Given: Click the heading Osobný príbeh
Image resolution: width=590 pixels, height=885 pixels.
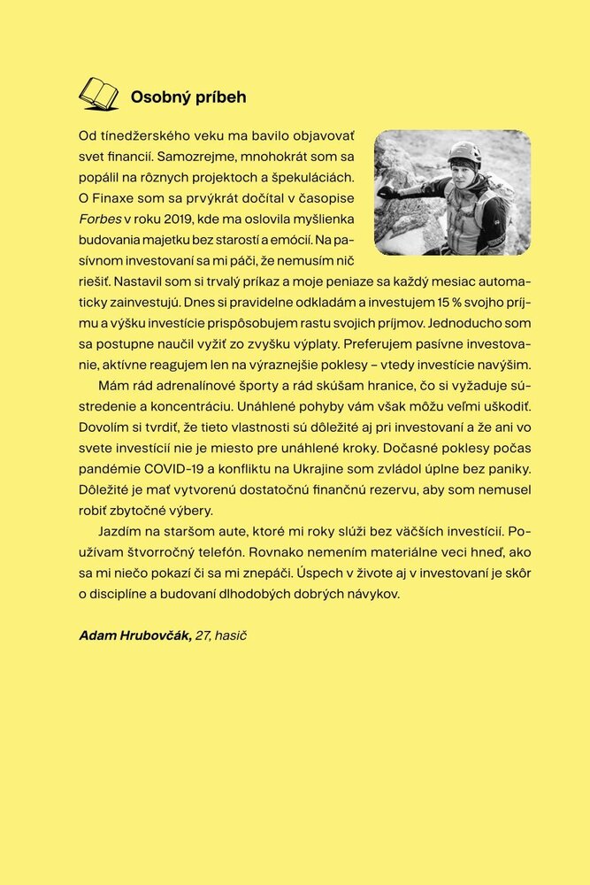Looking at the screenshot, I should point(188,97).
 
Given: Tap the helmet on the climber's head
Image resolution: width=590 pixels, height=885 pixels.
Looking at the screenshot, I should point(464,154).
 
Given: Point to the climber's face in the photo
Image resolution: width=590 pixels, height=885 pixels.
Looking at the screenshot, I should point(464,172).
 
